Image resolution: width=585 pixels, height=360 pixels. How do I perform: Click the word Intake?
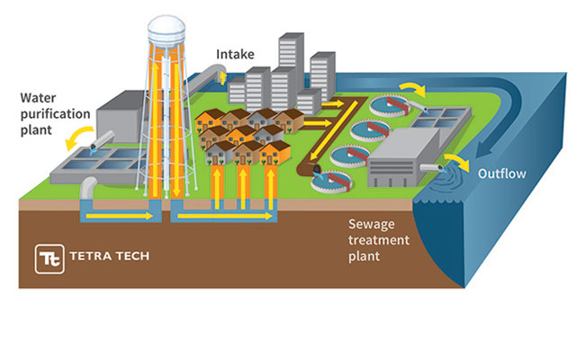(237, 54)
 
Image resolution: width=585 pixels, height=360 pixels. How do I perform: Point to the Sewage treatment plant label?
(379, 241)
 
